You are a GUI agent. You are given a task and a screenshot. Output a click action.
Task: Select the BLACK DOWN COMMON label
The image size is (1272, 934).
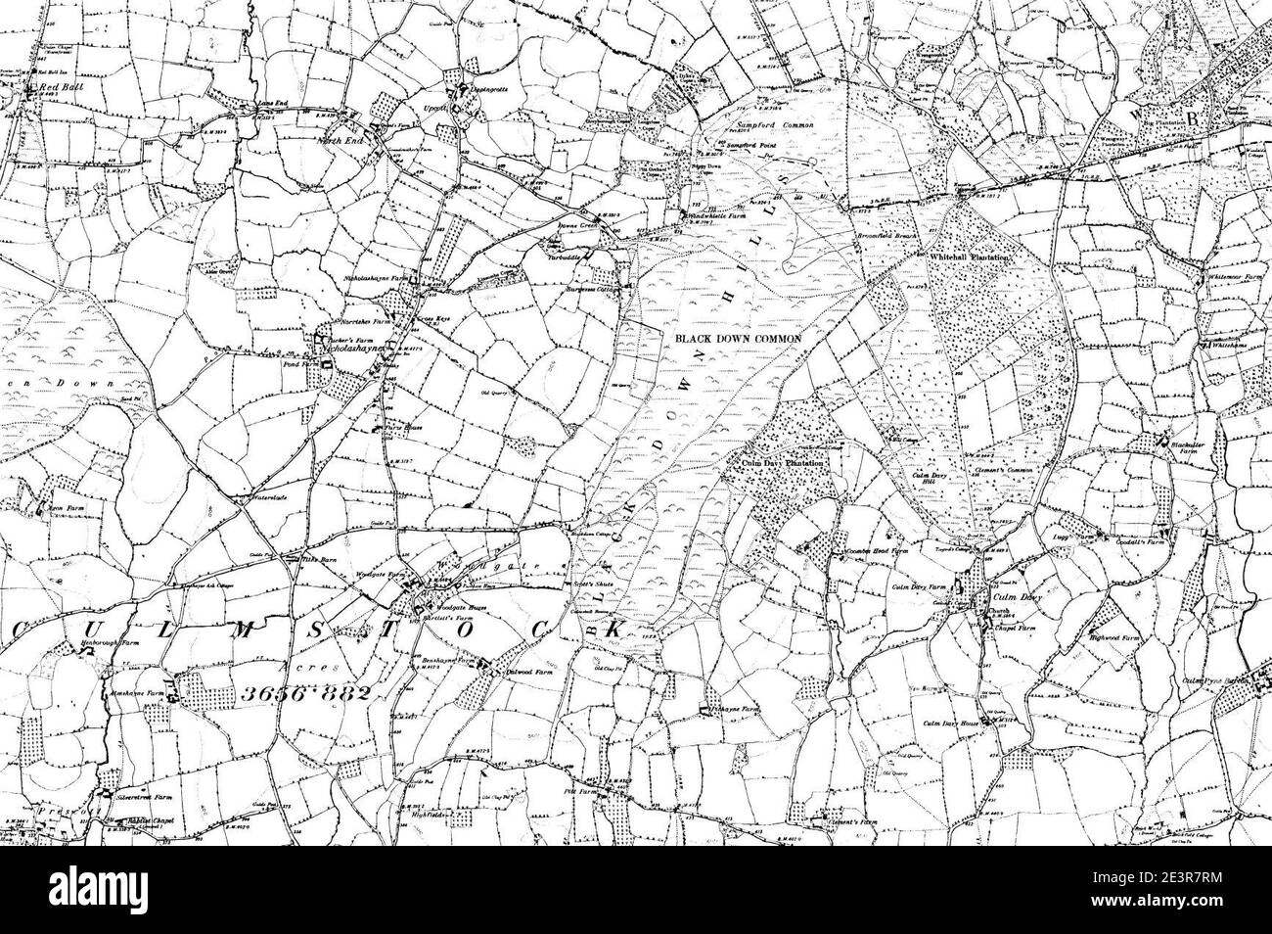pos(738,338)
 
